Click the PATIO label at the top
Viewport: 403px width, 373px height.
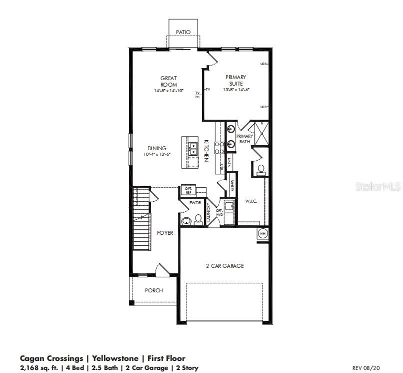(x=183, y=32)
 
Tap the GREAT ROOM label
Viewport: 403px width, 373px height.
(x=168, y=81)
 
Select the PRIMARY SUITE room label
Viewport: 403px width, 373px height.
(x=235, y=80)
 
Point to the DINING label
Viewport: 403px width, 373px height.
(x=156, y=148)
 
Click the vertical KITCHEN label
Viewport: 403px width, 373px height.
(x=205, y=151)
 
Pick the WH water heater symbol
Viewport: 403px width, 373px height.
(x=262, y=233)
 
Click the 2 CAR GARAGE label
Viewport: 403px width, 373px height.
(x=224, y=266)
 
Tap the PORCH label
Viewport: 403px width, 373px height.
(x=153, y=290)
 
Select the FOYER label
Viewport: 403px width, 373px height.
(x=165, y=233)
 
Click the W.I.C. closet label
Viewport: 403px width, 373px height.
(x=250, y=202)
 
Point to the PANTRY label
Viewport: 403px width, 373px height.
(x=232, y=185)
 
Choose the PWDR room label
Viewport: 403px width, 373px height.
(x=194, y=203)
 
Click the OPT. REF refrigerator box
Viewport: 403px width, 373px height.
(x=188, y=189)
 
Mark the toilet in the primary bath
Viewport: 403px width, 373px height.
(x=260, y=169)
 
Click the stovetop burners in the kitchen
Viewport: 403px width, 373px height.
(x=219, y=148)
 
